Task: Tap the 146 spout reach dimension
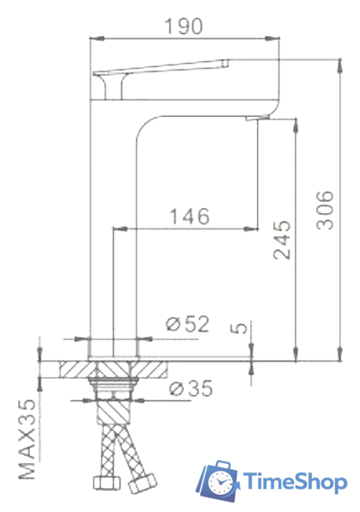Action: [x=187, y=216]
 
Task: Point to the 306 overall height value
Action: [x=325, y=210]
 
